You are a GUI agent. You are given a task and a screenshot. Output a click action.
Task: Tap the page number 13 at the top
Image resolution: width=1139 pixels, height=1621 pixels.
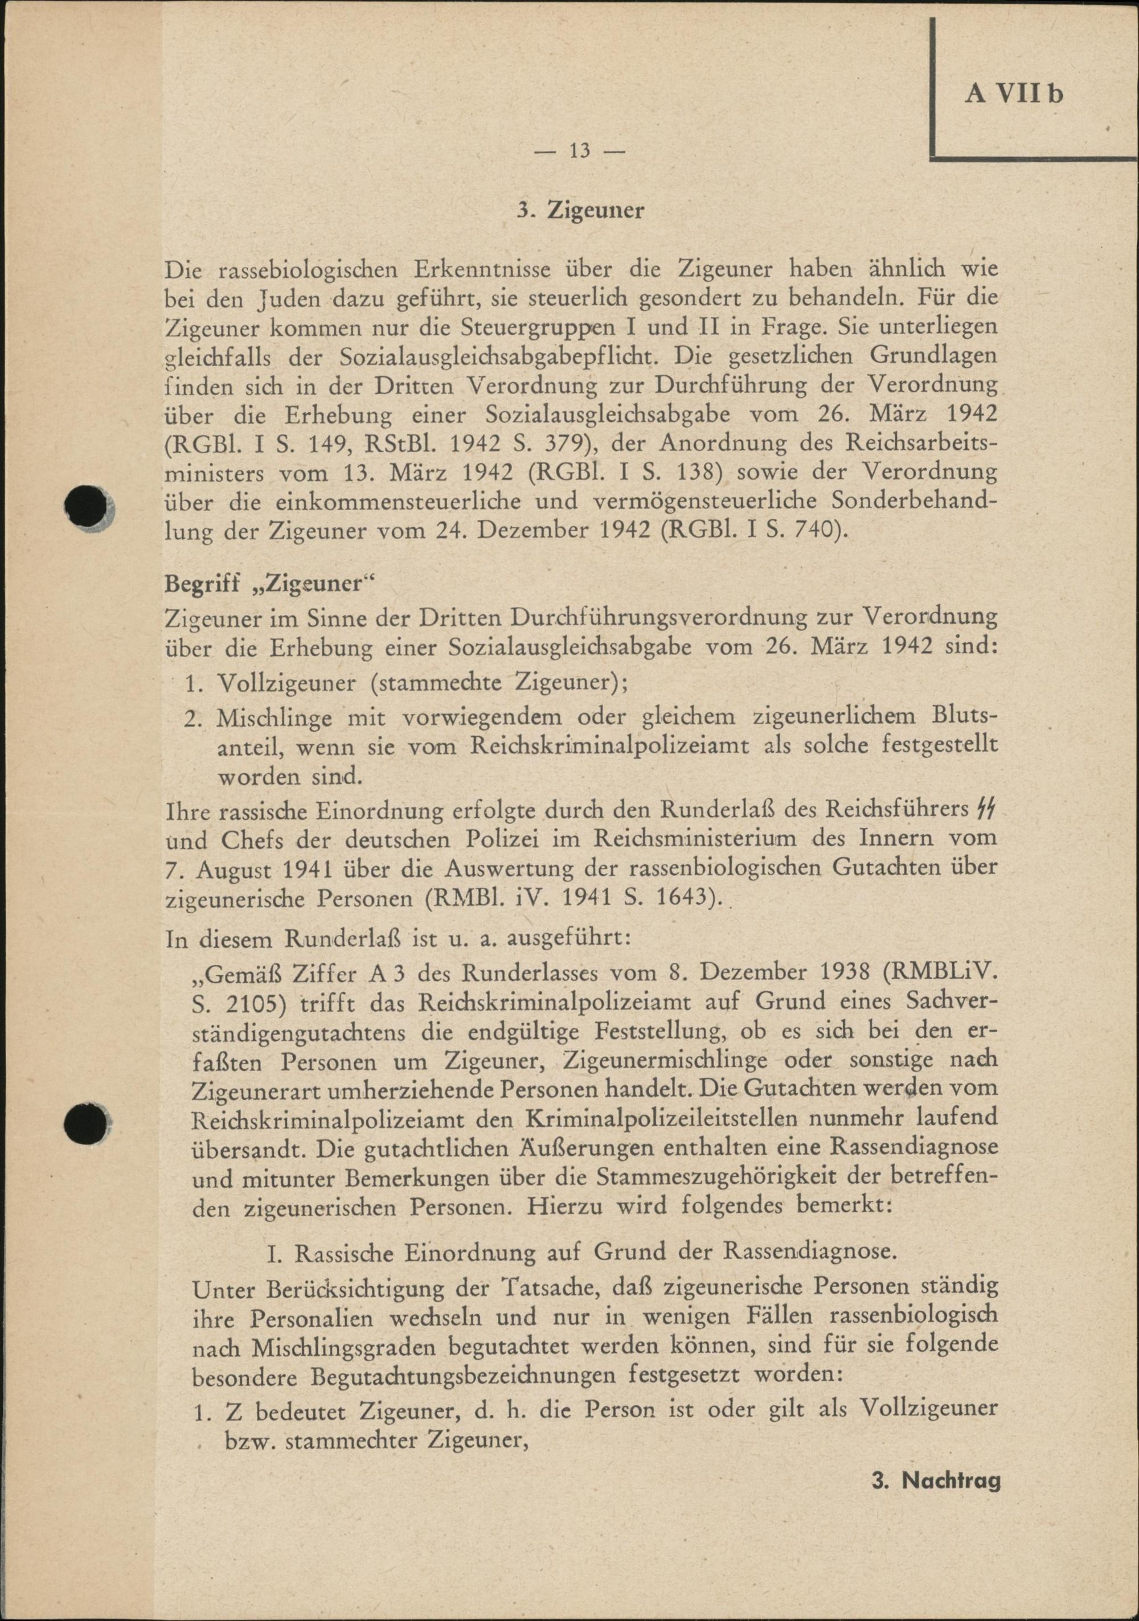click(579, 151)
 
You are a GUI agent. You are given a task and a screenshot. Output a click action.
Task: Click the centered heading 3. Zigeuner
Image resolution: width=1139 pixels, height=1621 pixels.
click(580, 211)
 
